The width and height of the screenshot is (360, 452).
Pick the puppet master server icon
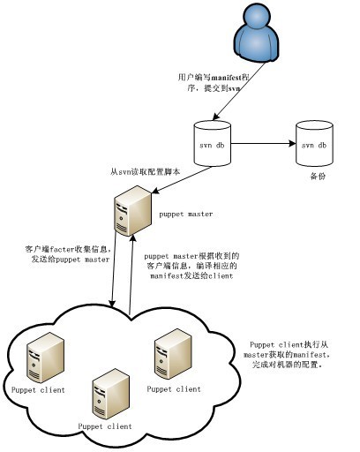pyautogui.click(x=131, y=213)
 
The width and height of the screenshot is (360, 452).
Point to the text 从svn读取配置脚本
pyautogui.click(x=146, y=173)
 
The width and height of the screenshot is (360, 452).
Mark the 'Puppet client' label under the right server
pyautogui.click(x=174, y=388)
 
